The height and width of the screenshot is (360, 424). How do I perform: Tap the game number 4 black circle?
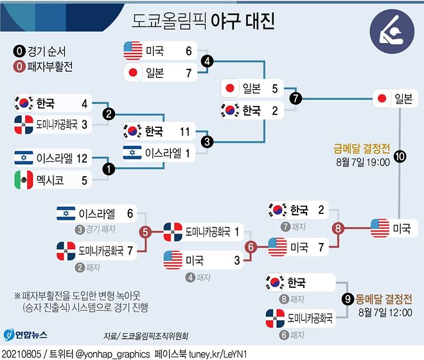tap(207, 61)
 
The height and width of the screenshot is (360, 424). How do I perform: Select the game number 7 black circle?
tap(295, 99)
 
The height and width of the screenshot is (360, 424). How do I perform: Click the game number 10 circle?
tap(399, 156)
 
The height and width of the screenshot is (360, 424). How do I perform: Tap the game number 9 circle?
tap(348, 298)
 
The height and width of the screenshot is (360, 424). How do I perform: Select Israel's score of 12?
tap(84, 157)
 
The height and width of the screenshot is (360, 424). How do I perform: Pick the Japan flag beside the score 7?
tap(133, 73)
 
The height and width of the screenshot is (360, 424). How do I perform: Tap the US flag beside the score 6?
tap(132, 50)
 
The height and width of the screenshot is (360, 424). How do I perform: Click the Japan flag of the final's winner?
tap(382, 98)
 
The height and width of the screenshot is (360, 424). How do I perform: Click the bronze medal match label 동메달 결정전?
tap(383, 298)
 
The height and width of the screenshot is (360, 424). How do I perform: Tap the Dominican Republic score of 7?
tap(132, 249)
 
